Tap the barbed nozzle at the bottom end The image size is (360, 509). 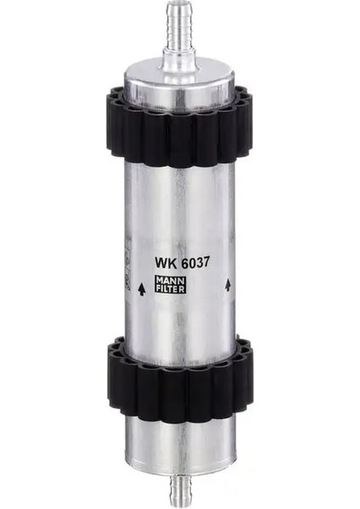pyautogui.click(x=180, y=488)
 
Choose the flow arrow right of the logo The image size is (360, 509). pyautogui.click(x=228, y=288)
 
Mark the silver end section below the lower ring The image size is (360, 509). pyautogui.click(x=180, y=437)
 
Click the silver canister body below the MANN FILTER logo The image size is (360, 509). pyautogui.click(x=180, y=318)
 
